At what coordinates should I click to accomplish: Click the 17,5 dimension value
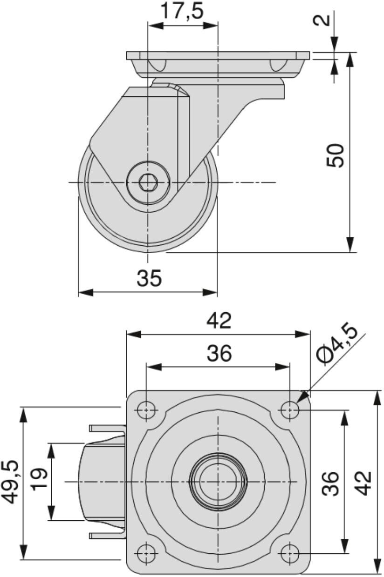click(x=182, y=11)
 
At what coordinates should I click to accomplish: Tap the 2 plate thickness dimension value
click(x=322, y=20)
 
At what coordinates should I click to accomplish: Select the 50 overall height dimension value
click(x=335, y=155)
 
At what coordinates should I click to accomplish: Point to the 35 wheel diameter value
click(x=149, y=278)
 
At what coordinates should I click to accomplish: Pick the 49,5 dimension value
click(x=11, y=482)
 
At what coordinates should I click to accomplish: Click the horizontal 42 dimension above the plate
click(x=219, y=321)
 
